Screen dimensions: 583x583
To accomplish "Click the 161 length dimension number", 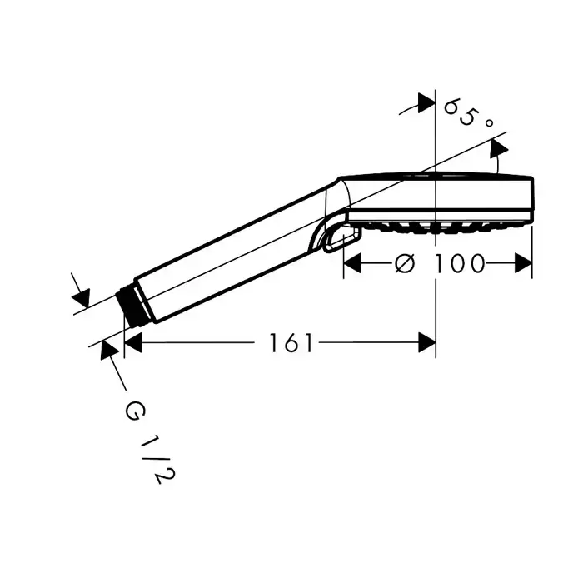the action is coord(291,343).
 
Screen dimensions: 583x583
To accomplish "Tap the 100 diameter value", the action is coord(460,264).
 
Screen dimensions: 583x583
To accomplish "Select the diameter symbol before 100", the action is coord(404,264).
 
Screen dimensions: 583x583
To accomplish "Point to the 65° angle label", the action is coord(469,112).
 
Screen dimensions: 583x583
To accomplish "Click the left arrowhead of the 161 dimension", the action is coord(133,343).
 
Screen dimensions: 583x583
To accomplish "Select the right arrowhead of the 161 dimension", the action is coord(426,343).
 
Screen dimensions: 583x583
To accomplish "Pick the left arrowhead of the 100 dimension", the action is coord(352,263).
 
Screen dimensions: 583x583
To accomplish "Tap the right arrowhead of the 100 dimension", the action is coord(524,263).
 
